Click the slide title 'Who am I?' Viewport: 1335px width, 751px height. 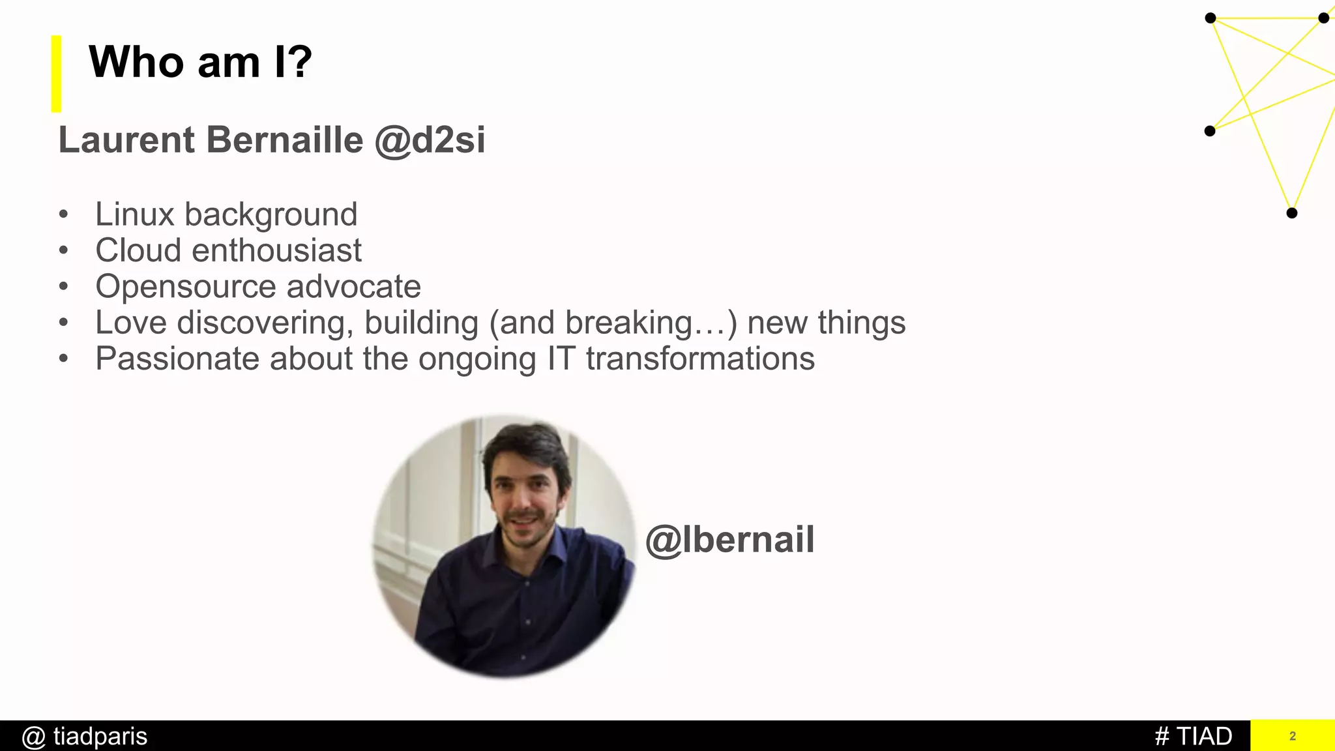[x=200, y=63]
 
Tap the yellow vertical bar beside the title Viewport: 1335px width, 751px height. [x=57, y=74]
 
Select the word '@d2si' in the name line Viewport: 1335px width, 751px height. [x=430, y=140]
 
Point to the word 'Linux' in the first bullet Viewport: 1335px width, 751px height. [x=135, y=214]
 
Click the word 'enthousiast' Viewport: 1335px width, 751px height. [x=276, y=251]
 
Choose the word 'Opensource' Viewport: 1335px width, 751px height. [x=186, y=287]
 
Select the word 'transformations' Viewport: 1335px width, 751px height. [x=700, y=359]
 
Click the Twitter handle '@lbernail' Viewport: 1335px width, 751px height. [x=729, y=540]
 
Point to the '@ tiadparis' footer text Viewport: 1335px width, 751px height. [x=85, y=737]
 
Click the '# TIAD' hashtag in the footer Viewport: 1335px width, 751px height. [x=1194, y=737]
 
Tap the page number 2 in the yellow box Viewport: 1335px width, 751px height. [x=1293, y=737]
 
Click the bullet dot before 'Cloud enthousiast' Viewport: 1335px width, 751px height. [x=63, y=251]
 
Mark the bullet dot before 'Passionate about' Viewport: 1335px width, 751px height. [x=63, y=359]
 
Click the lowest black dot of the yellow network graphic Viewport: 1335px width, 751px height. [x=1292, y=213]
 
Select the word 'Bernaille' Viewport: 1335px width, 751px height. [x=285, y=140]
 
